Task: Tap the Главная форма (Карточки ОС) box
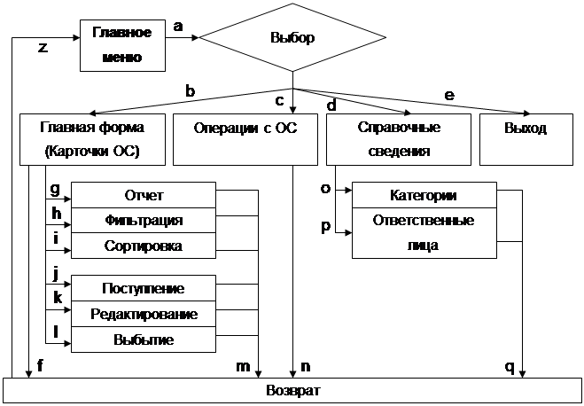point(91,139)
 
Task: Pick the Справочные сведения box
point(398,139)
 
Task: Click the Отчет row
point(144,195)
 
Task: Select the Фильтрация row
point(144,220)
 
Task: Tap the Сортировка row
point(144,246)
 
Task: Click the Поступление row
point(144,288)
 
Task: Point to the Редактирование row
point(144,314)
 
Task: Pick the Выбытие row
point(144,340)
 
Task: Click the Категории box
point(424,195)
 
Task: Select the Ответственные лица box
point(424,232)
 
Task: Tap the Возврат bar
point(292,391)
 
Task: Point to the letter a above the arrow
point(178,27)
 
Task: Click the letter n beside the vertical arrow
point(306,364)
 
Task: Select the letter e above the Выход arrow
point(448,94)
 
